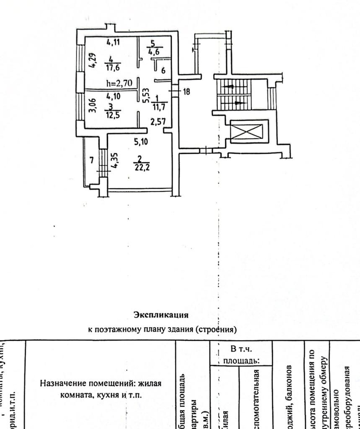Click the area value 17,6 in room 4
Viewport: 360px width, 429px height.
112,68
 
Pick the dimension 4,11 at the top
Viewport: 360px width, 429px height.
114,43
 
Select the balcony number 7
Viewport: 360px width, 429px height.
92,160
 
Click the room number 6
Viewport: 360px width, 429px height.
163,70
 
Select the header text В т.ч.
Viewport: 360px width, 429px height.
240,348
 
